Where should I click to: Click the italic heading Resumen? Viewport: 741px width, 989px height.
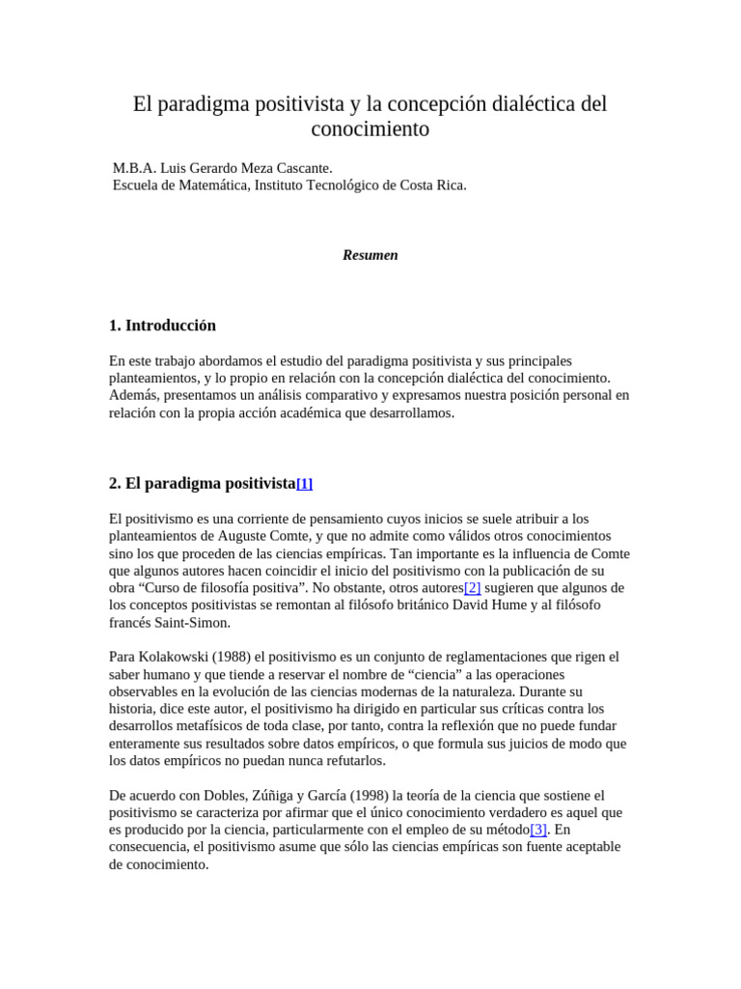(x=370, y=255)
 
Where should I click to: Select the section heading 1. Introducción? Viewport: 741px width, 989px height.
(x=163, y=325)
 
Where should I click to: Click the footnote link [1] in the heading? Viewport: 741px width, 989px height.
(x=304, y=484)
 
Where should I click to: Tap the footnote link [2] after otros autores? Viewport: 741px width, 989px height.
(x=472, y=588)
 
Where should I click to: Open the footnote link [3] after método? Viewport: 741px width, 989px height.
(x=538, y=830)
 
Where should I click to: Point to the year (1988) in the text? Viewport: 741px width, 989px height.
(x=241, y=657)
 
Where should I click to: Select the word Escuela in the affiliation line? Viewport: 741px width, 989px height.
(x=137, y=185)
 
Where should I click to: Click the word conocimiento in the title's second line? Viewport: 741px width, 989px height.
(x=370, y=129)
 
